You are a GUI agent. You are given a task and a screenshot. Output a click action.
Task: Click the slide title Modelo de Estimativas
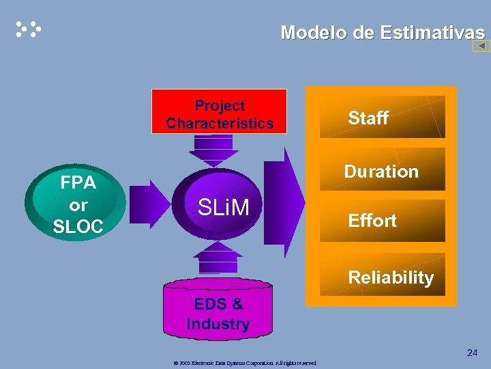click(383, 32)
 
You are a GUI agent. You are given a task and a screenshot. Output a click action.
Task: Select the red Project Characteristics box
click(219, 111)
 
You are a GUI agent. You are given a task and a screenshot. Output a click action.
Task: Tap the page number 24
click(472, 353)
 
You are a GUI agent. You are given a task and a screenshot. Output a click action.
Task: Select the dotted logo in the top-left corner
click(29, 29)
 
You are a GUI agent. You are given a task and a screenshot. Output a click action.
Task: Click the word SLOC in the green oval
click(78, 227)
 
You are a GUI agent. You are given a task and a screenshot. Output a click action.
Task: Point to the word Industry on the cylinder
click(218, 324)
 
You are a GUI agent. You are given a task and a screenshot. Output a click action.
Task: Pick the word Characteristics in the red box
click(219, 124)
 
